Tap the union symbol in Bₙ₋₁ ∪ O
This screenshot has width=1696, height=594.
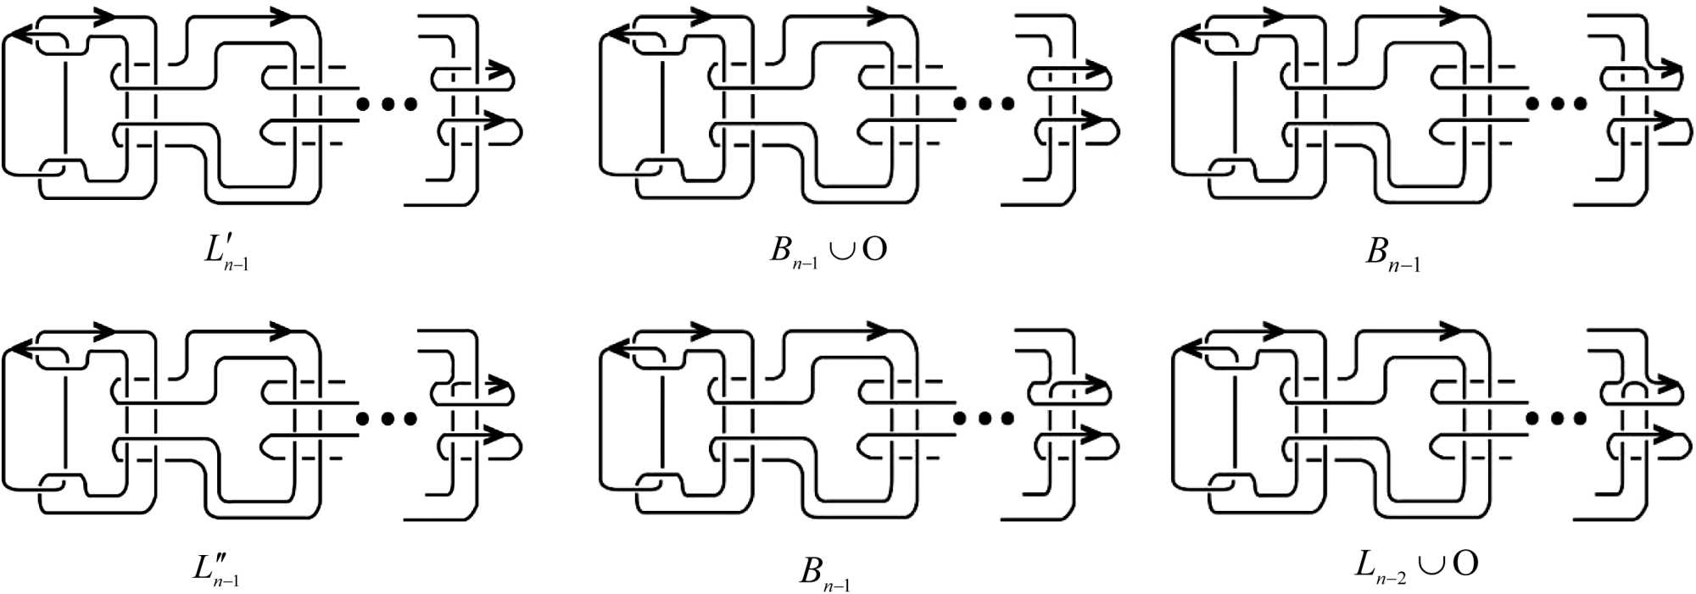point(842,251)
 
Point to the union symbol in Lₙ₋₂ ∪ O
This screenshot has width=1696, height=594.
point(1432,565)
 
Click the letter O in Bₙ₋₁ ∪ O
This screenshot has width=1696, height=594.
point(874,249)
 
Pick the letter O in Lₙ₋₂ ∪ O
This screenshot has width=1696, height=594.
point(1464,563)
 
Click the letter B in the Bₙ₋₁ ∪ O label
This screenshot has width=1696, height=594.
point(780,249)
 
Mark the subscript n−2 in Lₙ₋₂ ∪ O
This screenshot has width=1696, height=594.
point(1391,578)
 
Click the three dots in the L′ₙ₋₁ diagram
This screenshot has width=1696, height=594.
point(387,103)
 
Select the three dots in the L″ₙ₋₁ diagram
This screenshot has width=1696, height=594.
point(387,418)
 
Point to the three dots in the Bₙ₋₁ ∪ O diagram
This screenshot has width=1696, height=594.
point(984,103)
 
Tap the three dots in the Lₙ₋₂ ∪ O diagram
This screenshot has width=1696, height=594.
point(1556,418)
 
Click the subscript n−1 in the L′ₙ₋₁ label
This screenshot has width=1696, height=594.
point(237,265)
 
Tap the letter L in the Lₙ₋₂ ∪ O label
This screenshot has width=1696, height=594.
point(1364,563)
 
